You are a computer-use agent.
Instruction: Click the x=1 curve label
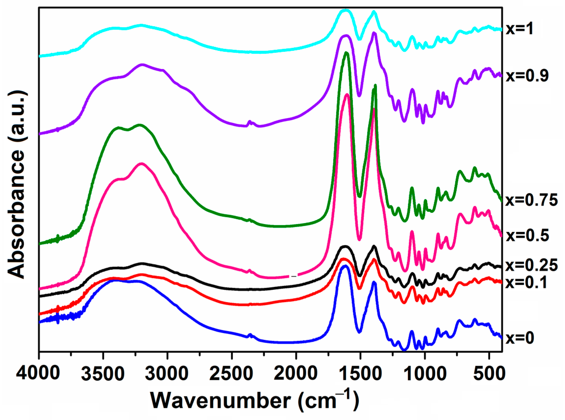520,29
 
